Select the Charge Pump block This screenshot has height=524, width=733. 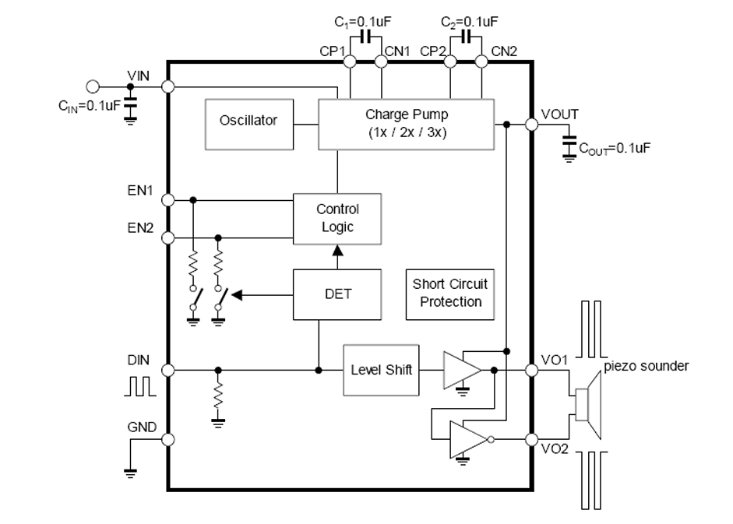click(x=406, y=123)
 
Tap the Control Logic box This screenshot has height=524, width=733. click(x=337, y=219)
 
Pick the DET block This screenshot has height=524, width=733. click(x=337, y=294)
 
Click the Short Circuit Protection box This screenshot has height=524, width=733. click(x=450, y=294)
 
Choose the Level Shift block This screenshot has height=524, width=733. click(x=381, y=370)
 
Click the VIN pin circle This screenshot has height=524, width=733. click(x=167, y=87)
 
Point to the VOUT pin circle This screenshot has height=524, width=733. click(x=532, y=124)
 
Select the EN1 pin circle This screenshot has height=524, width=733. click(x=167, y=200)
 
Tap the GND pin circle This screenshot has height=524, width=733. click(x=167, y=439)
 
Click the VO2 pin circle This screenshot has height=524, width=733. click(x=532, y=439)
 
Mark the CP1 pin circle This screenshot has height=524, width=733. click(x=350, y=61)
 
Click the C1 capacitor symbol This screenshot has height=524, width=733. click(x=365, y=37)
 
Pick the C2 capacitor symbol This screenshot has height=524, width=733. click(x=466, y=37)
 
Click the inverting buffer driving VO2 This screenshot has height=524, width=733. click(x=467, y=439)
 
